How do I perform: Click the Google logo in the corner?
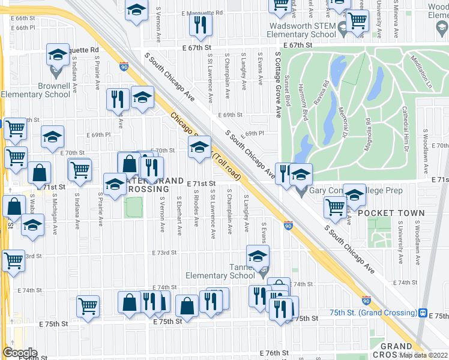click(20, 352)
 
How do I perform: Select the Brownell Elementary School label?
click(36, 90)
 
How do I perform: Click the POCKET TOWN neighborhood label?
click(391, 213)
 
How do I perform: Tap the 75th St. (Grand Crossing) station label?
click(373, 313)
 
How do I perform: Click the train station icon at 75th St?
click(423, 313)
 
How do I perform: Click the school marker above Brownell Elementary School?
click(57, 56)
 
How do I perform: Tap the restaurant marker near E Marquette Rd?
click(200, 24)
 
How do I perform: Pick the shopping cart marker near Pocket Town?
click(334, 208)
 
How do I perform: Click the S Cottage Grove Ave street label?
click(278, 84)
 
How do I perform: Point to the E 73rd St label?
click(164, 253)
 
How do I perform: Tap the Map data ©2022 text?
click(424, 355)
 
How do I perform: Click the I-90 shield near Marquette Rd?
click(124, 66)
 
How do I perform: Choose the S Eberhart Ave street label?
click(179, 215)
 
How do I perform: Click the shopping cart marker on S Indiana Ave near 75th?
click(88, 306)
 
